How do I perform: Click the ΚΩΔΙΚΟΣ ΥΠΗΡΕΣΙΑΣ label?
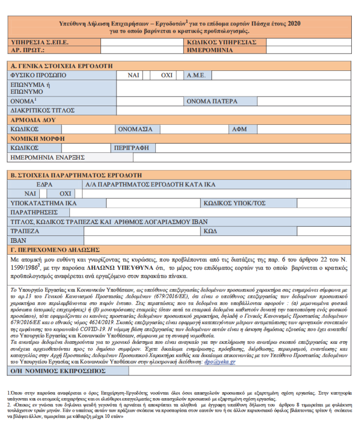pyautogui.click(x=221, y=42)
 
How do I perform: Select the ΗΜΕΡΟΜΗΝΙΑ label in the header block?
pyautogui.click(x=210, y=50)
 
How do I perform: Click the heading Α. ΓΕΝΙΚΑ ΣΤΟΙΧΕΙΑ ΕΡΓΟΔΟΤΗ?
pyautogui.click(x=62, y=66)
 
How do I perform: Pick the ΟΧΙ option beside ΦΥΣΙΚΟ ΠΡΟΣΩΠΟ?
pyautogui.click(x=167, y=75)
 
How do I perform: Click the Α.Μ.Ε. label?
pyautogui.click(x=199, y=75)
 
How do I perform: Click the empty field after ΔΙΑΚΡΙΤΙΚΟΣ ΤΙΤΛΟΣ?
pyautogui.click(x=234, y=110)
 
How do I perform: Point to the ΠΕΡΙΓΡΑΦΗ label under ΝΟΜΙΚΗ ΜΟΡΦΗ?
pyautogui.click(x=132, y=148)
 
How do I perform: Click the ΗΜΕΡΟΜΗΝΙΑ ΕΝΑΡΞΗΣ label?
pyautogui.click(x=47, y=157)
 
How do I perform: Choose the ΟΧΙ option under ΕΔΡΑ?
pyautogui.click(x=65, y=193)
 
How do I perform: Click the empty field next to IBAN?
pyautogui.click(x=217, y=240)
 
